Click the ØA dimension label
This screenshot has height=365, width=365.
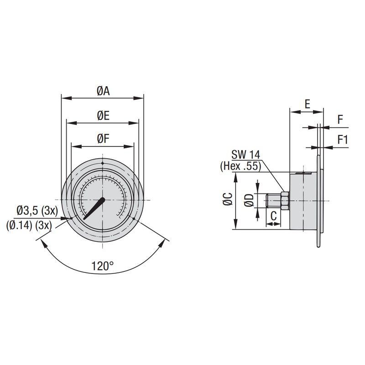coord(103,90)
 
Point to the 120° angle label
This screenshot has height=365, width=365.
coord(102,266)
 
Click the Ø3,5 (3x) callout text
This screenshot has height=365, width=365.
coord(36,211)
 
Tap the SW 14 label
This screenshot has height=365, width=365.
coord(245,155)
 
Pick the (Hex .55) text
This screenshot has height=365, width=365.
coord(240,167)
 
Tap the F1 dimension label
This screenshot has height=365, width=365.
coord(343,140)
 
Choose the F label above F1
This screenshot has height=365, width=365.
coord(340,120)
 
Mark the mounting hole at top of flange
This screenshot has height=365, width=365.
coord(103,163)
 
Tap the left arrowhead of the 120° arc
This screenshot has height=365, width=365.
coord(44,244)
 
